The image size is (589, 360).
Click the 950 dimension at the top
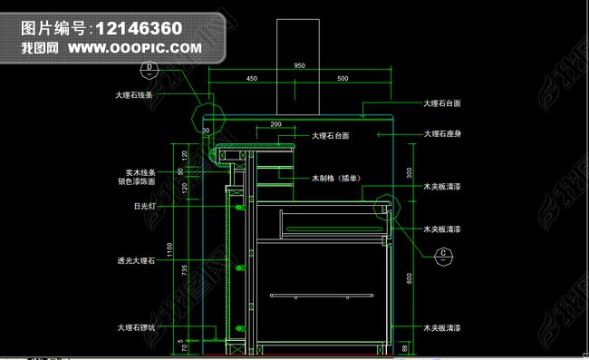(299, 66)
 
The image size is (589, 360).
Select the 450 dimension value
(252, 79)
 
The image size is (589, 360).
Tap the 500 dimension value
(343, 79)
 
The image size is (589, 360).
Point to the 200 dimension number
(276, 123)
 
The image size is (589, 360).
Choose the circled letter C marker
(443, 254)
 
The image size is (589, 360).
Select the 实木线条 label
(140, 172)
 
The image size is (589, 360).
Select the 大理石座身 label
(443, 134)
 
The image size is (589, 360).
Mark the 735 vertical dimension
(185, 269)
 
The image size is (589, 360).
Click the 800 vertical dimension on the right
(409, 278)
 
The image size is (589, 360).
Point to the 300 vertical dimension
(409, 171)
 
